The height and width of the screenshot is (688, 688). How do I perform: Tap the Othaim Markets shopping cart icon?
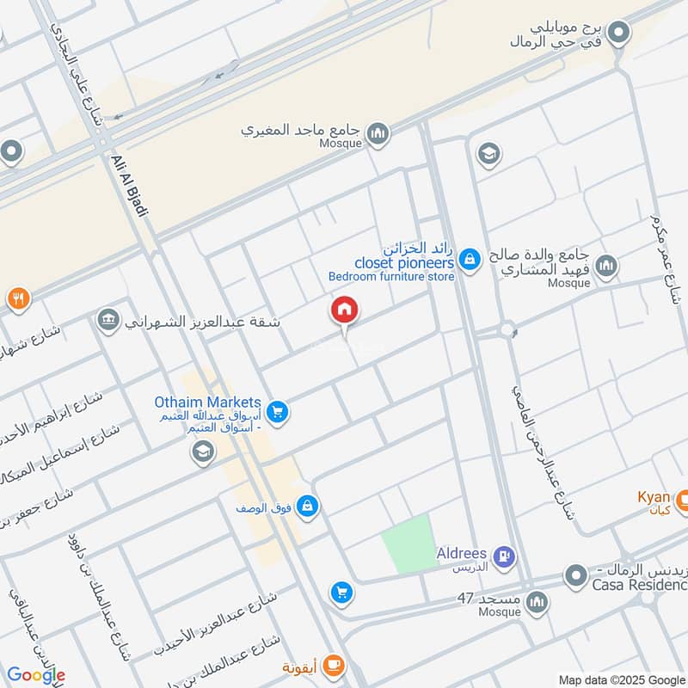pyautogui.click(x=277, y=413)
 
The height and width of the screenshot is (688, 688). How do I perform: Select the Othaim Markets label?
pyautogui.click(x=207, y=402)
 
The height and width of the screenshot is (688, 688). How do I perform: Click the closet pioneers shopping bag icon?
pyautogui.click(x=469, y=257)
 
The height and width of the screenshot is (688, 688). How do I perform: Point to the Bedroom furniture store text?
pyautogui.click(x=391, y=277)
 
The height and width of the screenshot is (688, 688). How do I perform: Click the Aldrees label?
pyautogui.click(x=462, y=554)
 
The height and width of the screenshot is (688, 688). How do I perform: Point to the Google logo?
pyautogui.click(x=36, y=675)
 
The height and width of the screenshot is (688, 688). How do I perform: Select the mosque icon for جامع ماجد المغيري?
pyautogui.click(x=378, y=134)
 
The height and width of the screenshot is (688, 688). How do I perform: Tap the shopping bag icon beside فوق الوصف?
pyautogui.click(x=308, y=507)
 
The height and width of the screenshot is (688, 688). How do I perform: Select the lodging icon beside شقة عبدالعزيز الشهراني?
pyautogui.click(x=109, y=320)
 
